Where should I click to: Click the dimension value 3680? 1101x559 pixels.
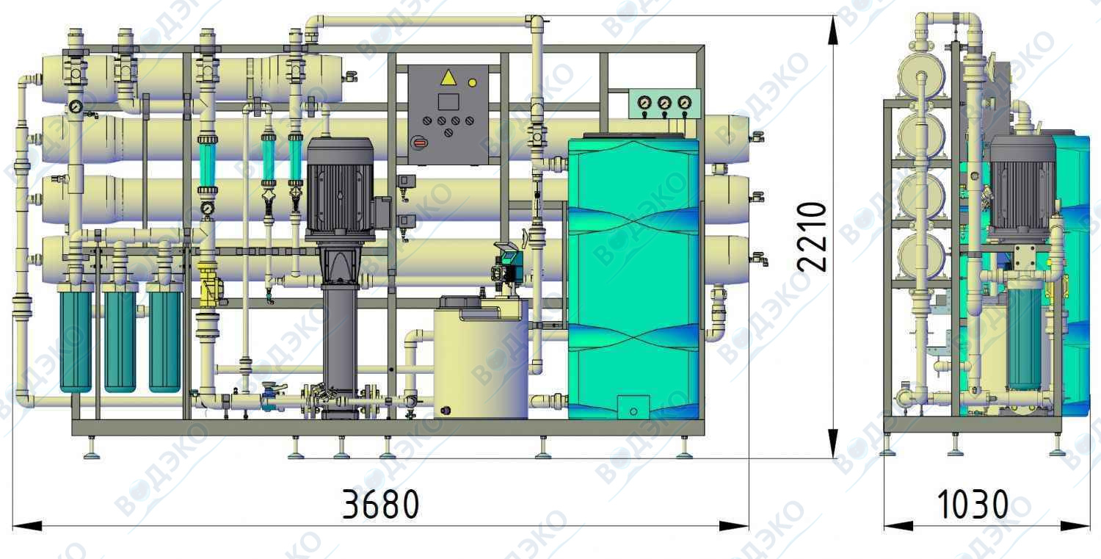pyautogui.click(x=380, y=504)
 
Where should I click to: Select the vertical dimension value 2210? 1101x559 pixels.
pyautogui.click(x=812, y=237)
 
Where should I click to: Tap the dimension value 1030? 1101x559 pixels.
pyautogui.click(x=973, y=504)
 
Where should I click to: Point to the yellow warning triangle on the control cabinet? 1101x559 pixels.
pyautogui.click(x=448, y=78)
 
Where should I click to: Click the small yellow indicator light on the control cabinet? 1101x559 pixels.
pyautogui.click(x=473, y=83)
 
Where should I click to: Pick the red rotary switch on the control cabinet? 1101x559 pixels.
pyautogui.click(x=420, y=143)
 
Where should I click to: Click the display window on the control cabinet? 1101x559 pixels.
pyautogui.click(x=448, y=102)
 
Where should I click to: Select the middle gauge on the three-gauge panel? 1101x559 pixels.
pyautogui.click(x=664, y=103)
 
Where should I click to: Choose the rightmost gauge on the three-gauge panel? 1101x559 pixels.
pyautogui.click(x=684, y=103)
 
